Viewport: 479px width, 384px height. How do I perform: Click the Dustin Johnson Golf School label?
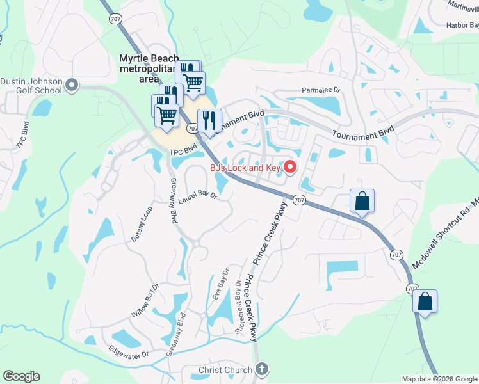coord(31,86)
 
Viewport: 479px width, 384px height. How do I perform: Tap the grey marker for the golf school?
coord(71,84)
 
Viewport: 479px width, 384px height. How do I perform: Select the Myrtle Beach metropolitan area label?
coord(149,68)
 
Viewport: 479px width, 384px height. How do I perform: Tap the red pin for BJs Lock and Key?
coord(289,168)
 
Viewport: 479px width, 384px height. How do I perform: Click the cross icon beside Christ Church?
coord(261,369)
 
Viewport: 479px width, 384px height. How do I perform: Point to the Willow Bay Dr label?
coord(143,300)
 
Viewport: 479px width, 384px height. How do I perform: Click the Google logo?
coord(21,376)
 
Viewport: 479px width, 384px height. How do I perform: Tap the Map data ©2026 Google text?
coord(439,379)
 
